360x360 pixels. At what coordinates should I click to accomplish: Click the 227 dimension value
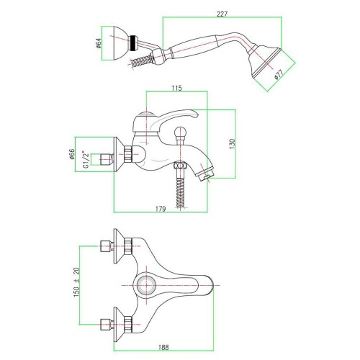point(222,14)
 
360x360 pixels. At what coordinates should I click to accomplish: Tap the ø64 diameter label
point(99,43)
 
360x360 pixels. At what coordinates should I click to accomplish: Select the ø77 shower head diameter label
point(279,74)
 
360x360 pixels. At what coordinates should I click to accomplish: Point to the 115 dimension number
point(176,88)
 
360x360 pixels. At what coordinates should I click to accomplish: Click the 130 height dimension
point(233,144)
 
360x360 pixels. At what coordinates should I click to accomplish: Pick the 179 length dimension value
point(161,209)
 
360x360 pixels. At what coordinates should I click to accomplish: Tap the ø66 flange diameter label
point(72,154)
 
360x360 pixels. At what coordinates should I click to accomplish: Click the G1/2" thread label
point(86,159)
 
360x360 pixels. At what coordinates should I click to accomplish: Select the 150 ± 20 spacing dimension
point(76,282)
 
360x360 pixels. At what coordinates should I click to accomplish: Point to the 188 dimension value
point(163,347)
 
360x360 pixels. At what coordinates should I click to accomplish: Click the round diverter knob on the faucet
point(180,133)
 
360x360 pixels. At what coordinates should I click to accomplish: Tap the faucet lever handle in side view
point(166,120)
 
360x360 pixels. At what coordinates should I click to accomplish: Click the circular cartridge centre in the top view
point(146,285)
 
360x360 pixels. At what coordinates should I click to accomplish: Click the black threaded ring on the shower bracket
point(133,43)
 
